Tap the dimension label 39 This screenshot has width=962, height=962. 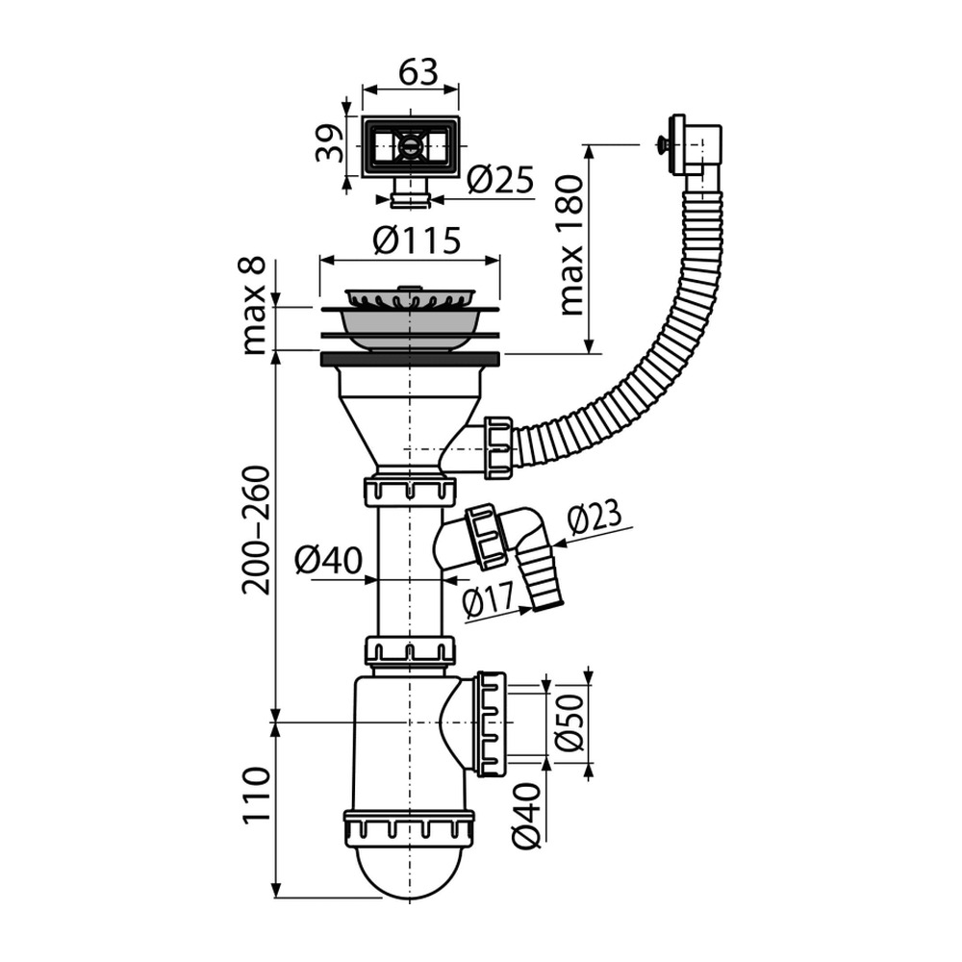(329, 143)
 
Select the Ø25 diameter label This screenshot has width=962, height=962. (500, 180)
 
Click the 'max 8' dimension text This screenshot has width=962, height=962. (253, 305)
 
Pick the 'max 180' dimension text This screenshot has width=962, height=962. (570, 245)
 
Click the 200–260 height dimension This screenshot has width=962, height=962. (256, 530)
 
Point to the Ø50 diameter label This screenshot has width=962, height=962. (570, 721)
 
